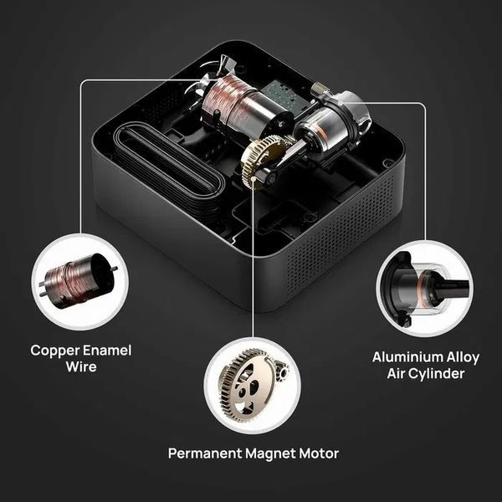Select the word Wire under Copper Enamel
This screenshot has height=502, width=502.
[x=81, y=366]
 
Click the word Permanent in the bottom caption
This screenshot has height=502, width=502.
[x=205, y=453]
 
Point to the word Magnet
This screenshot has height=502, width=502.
[x=270, y=453]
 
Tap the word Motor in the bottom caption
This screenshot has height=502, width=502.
[x=319, y=453]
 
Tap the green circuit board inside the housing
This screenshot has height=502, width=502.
[x=282, y=97]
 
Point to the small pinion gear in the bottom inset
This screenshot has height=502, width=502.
[x=283, y=369]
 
